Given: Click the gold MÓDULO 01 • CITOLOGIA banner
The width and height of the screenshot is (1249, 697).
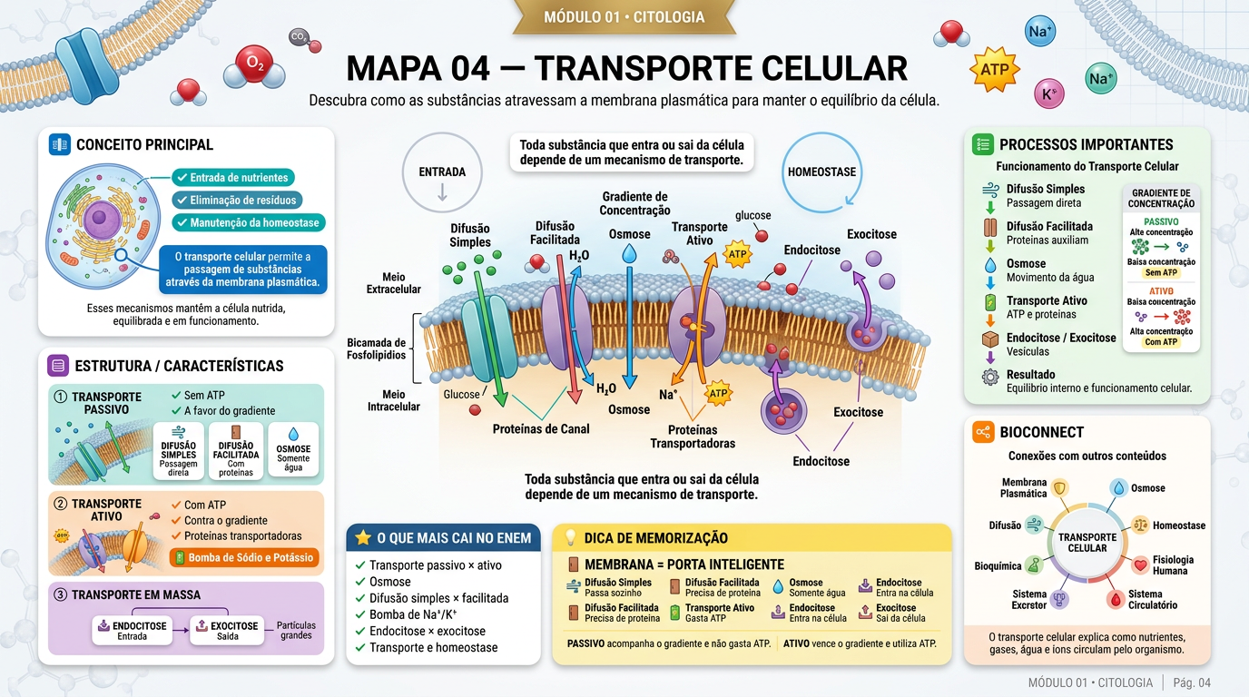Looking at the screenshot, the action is (624, 16).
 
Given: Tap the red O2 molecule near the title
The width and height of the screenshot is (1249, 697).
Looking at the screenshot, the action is (254, 64).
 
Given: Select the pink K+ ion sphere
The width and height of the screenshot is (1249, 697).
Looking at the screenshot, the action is (1048, 93).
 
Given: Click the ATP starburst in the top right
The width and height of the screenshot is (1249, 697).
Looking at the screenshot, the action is (995, 70).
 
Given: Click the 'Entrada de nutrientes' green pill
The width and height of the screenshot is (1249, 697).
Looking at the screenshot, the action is (233, 177).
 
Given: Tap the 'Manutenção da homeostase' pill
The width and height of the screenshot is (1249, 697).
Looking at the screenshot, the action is (248, 222).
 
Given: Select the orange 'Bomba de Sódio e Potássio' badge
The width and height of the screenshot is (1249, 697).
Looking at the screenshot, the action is (245, 557).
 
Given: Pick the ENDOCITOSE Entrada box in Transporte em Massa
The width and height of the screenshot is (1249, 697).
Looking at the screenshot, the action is (133, 631).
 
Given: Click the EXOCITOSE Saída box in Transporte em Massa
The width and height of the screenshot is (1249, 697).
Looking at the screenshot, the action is (227, 631).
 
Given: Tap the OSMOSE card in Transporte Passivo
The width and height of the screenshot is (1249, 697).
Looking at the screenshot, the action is (293, 449).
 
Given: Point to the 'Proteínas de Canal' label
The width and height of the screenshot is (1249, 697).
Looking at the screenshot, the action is (541, 428).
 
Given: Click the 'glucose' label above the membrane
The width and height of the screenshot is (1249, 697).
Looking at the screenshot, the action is (752, 215).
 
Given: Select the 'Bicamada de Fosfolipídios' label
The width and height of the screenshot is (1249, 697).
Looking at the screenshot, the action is (377, 348).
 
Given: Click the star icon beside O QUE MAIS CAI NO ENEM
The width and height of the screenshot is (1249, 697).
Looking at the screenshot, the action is (363, 537).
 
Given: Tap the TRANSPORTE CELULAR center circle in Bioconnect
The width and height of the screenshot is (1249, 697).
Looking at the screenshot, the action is (1087, 542).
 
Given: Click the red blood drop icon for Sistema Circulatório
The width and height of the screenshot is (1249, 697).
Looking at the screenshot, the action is (1116, 600).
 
